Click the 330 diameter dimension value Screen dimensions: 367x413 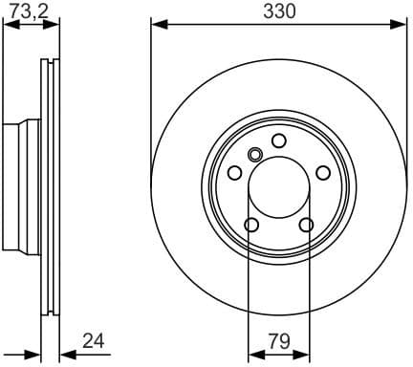pyautogui.click(x=279, y=11)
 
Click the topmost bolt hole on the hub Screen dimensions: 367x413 pyautogui.click(x=279, y=140)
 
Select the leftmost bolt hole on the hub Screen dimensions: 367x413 pyautogui.click(x=234, y=173)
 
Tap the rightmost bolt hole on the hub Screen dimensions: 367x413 pyautogui.click(x=324, y=173)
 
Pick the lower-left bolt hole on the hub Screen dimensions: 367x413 pyautogui.click(x=251, y=226)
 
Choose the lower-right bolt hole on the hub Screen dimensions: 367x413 pyautogui.click(x=307, y=226)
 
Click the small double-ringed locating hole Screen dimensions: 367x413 pyautogui.click(x=255, y=155)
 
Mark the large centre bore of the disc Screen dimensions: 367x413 pyautogui.click(x=279, y=188)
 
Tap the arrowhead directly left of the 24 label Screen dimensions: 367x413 pyautogui.click(x=64, y=353)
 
